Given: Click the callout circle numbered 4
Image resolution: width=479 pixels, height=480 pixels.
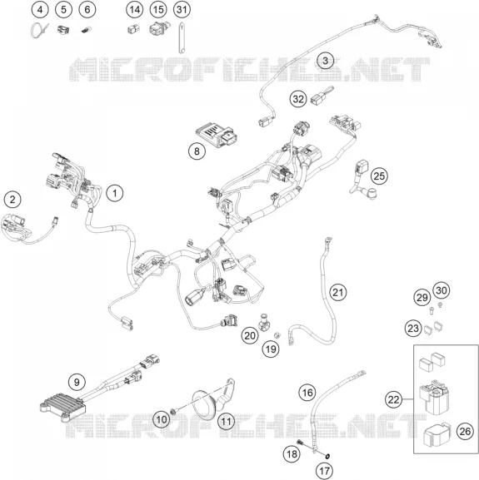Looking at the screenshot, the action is [40, 10].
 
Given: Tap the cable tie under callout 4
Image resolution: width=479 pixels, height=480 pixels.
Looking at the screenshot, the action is [39, 30].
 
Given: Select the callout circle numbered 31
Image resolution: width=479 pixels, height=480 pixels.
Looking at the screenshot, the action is [182, 10].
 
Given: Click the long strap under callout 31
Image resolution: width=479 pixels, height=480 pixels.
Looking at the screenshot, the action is [181, 37].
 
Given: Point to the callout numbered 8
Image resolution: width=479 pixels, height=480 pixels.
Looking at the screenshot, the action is [197, 151].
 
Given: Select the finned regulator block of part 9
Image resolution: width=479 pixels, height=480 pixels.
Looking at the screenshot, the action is [62, 407].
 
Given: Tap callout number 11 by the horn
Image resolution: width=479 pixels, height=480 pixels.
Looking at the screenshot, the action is [226, 421].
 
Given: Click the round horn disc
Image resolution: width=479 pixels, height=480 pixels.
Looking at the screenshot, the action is [205, 404].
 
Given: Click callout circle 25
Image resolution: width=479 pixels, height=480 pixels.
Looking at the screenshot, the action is [379, 176].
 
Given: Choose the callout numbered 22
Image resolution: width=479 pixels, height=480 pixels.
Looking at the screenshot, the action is [393, 399].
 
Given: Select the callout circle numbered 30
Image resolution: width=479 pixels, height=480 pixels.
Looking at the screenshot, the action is [442, 290].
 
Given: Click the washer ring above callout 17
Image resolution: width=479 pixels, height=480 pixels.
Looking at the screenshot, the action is [327, 457].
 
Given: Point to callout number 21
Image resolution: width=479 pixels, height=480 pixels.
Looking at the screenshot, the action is [337, 292].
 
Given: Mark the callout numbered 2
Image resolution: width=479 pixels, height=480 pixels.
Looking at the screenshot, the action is [12, 200].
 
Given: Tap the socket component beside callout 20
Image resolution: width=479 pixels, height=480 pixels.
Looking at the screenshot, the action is [264, 322].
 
